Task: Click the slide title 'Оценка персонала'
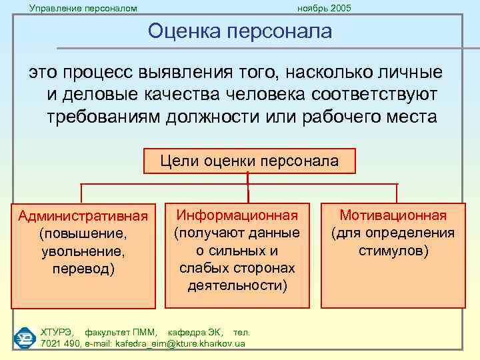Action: pos(239,31)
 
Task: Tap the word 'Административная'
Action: pos(83,217)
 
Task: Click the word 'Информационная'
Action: pos(237,215)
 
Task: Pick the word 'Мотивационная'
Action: pos(393,215)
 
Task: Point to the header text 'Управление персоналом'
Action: pos(83,8)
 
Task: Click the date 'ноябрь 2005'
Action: pos(324,8)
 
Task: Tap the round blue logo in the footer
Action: pos(24,337)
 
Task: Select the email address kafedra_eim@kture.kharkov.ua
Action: pos(180,343)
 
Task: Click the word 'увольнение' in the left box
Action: pos(83,252)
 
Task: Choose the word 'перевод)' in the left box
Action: pos(83,269)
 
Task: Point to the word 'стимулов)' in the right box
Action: pos(393,251)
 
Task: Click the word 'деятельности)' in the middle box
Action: pos(237,285)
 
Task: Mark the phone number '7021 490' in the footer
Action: pos(60,343)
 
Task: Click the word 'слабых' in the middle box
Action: pos(203,268)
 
